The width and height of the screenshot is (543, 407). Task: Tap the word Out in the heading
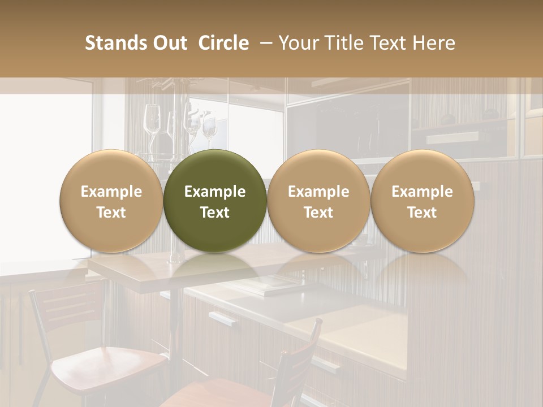(x=170, y=43)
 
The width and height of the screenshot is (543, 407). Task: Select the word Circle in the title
(x=223, y=43)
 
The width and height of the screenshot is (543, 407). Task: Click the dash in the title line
(x=264, y=43)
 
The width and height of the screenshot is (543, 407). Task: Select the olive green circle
(x=215, y=201)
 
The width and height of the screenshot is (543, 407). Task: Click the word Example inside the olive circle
(x=215, y=192)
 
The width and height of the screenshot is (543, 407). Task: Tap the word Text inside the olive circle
(x=215, y=213)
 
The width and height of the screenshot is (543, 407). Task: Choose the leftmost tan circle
(x=111, y=201)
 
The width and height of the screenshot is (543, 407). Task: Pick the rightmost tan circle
(x=423, y=201)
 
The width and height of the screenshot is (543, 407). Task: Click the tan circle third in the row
(x=318, y=201)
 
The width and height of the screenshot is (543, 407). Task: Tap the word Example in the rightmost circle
(x=423, y=192)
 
